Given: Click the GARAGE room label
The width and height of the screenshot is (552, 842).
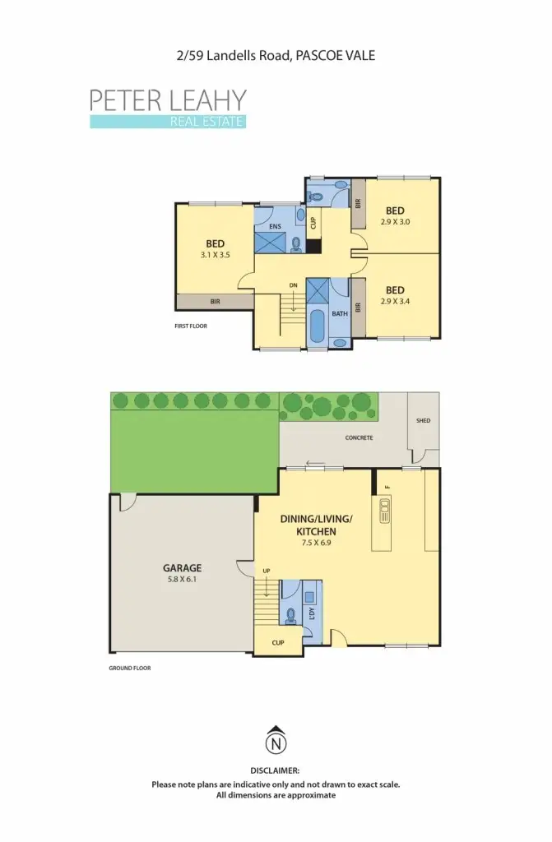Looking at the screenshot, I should click(x=182, y=567).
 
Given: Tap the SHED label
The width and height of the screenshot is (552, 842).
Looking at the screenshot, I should click(x=423, y=420).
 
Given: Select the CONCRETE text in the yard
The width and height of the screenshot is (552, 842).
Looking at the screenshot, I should click(x=358, y=437).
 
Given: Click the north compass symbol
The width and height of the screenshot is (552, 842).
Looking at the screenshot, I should click(x=276, y=743).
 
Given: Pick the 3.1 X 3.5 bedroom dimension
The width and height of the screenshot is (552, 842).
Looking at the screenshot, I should click(x=216, y=255).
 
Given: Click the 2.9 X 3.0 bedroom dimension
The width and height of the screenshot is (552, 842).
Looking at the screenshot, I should click(x=395, y=222).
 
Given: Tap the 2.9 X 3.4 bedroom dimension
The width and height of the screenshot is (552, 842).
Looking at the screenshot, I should click(x=395, y=301).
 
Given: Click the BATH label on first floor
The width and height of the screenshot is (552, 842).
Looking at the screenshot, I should click(x=339, y=313).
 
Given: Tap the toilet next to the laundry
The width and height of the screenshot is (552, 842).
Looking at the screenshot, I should click(x=290, y=614).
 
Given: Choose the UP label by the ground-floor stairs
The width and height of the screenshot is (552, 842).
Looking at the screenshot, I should click(x=265, y=571).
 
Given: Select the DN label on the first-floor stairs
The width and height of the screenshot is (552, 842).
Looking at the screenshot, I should click(x=293, y=285).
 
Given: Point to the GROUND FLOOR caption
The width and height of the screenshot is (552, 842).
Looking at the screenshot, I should click(x=130, y=669).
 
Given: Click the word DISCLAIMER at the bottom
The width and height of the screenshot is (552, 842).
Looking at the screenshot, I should click(x=275, y=770).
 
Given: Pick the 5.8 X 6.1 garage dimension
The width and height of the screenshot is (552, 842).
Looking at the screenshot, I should click(x=182, y=579).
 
